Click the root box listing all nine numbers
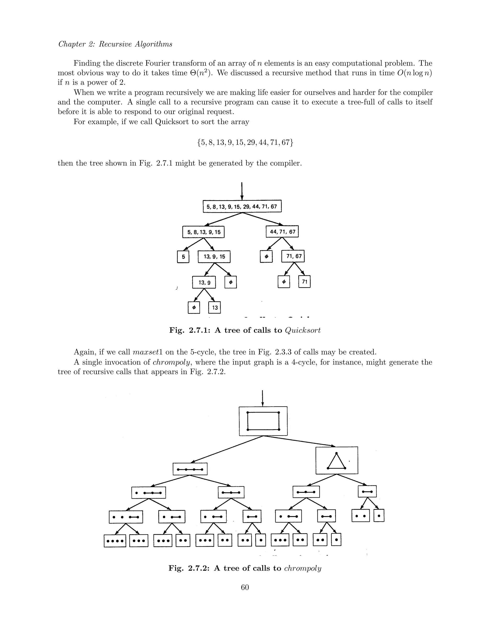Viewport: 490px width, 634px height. [x=242, y=206]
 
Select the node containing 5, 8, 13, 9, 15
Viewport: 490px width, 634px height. [x=204, y=232]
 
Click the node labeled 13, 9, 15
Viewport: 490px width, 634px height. [x=214, y=257]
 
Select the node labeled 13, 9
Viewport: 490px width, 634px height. [x=204, y=282]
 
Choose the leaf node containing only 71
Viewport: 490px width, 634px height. [x=305, y=282]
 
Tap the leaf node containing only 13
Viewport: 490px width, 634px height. [x=215, y=308]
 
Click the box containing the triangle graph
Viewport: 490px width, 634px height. [x=337, y=460]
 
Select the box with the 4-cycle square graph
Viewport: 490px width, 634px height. [x=263, y=421]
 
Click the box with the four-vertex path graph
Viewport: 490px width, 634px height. [x=190, y=469]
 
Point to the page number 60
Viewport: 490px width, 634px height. [x=245, y=587]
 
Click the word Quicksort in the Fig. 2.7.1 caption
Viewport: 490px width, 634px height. [x=303, y=330]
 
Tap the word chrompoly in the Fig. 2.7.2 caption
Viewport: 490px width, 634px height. [x=302, y=568]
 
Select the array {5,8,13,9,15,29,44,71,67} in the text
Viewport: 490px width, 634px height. [x=245, y=143]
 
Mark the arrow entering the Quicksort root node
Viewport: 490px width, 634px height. [x=242, y=191]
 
